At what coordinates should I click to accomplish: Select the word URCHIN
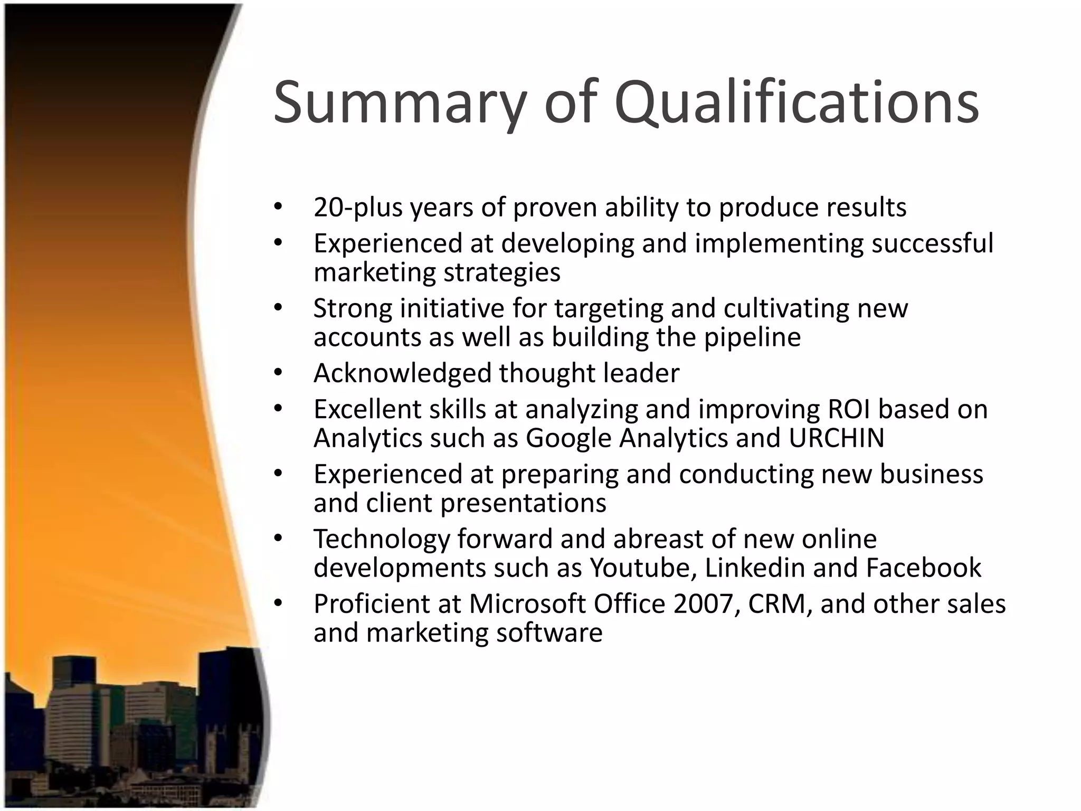click(x=836, y=438)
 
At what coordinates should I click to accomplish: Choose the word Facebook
click(x=923, y=568)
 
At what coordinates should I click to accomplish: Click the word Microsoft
click(x=527, y=604)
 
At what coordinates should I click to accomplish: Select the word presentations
click(x=523, y=503)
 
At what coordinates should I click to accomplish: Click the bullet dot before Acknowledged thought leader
click(x=279, y=373)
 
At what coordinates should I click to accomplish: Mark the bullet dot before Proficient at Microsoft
click(x=279, y=603)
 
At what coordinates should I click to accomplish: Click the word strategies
click(x=501, y=273)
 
